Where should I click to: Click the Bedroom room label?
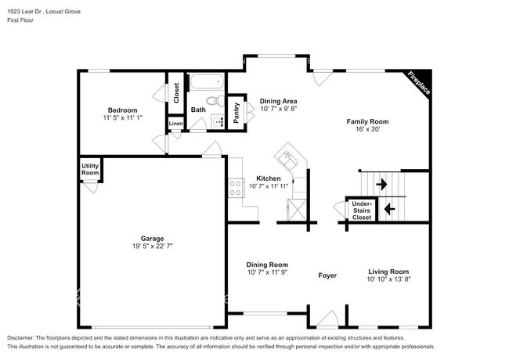122,110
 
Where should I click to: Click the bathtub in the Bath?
207,82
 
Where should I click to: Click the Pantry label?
236,112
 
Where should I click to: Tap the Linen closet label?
176,124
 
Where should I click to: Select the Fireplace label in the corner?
418,84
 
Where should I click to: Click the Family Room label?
368,121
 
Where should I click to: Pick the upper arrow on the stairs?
381,185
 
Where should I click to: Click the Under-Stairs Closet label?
361,211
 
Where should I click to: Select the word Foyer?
327,275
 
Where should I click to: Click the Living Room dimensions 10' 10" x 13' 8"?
389,279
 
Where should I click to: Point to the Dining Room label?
267,265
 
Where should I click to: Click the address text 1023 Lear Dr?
31,12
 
